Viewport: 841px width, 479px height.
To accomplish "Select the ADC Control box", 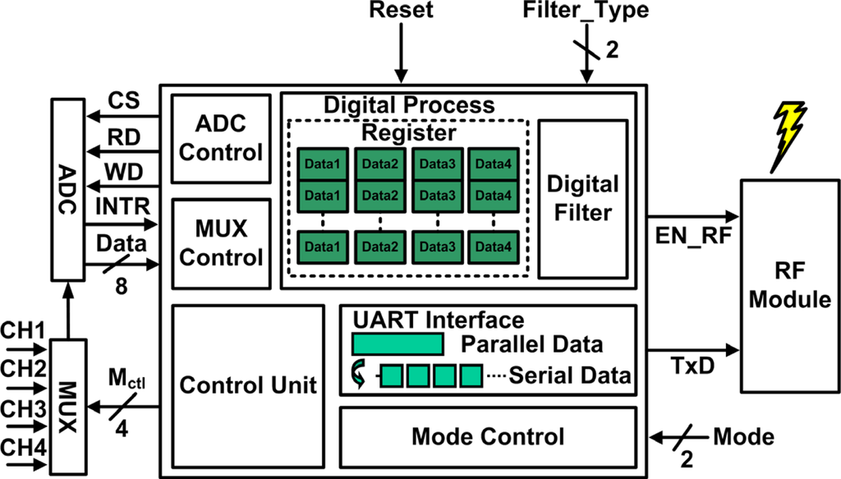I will click(x=219, y=139).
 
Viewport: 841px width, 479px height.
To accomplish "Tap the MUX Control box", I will click(x=219, y=243).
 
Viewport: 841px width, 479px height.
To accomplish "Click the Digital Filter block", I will click(x=583, y=199).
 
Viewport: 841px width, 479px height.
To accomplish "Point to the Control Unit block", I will click(x=248, y=385).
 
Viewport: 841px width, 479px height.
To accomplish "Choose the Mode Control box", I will click(x=488, y=436).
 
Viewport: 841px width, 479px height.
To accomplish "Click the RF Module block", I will click(x=791, y=285).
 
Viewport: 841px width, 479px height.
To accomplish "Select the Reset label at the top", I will click(x=401, y=12).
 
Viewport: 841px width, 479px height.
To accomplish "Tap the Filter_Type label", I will click(x=586, y=12).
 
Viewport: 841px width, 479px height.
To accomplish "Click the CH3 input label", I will click(x=22, y=408).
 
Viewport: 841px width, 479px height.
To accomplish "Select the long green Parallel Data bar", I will click(x=398, y=343).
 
